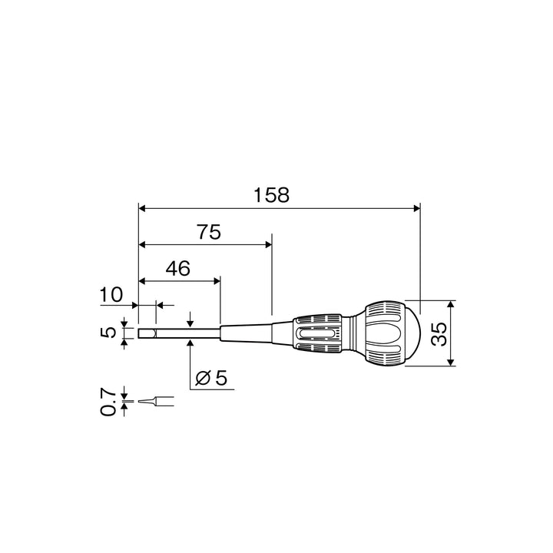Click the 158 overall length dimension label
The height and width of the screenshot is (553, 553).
click(272, 195)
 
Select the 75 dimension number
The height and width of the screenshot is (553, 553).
click(209, 232)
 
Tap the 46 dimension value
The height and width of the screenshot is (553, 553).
click(178, 268)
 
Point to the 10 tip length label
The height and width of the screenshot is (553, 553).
click(111, 294)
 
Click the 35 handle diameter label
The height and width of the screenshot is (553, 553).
click(439, 333)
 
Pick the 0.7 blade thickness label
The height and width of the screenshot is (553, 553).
click(108, 402)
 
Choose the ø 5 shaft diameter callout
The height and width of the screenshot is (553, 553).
click(212, 378)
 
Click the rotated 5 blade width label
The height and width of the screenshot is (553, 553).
click(108, 333)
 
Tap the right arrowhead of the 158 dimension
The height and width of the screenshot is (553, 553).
click(417, 208)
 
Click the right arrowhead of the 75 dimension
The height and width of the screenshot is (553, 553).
click(268, 245)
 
